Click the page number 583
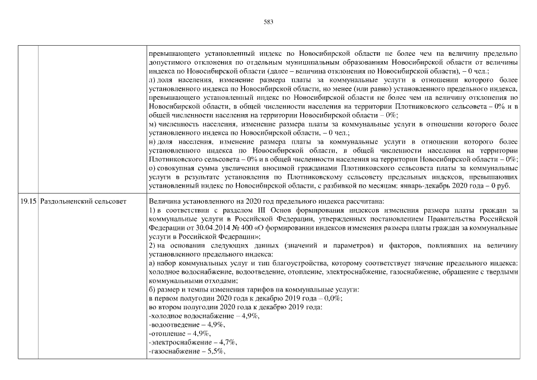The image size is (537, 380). point(268,22)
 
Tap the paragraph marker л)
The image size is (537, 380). point(152,79)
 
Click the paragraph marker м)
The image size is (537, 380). point(152,124)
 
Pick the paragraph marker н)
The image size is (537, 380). point(152,142)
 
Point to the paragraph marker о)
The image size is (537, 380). point(152,169)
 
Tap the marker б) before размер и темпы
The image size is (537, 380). point(152,290)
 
